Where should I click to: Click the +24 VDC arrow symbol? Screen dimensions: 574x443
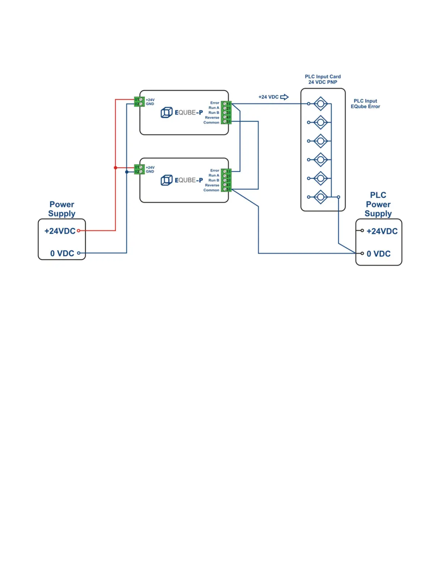284,97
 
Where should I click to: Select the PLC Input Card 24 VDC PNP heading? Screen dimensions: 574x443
322,79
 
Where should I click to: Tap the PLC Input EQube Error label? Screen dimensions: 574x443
365,104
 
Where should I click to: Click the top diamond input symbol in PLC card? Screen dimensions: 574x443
321,104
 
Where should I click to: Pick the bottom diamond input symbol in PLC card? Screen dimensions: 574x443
321,197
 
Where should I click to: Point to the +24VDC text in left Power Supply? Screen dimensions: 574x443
60,231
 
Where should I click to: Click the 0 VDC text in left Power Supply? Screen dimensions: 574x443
62,253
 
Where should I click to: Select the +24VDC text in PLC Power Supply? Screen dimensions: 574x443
382,231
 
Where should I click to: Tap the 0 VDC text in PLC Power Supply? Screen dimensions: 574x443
378,254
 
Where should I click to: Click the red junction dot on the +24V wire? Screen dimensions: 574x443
115,168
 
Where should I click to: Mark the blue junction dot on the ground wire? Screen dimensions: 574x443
127,172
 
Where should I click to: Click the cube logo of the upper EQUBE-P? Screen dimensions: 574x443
166,112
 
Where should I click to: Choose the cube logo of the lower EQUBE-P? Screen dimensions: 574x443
166,180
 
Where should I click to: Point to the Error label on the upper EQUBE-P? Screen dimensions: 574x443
215,103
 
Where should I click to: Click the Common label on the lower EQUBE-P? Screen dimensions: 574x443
211,190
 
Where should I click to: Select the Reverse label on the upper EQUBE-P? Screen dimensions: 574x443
212,117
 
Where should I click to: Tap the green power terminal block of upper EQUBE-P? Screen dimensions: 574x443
139,102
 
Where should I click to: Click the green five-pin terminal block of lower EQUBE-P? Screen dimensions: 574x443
226,180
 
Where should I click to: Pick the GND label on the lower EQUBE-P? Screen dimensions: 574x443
150,171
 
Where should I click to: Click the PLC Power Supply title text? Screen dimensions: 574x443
378,204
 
